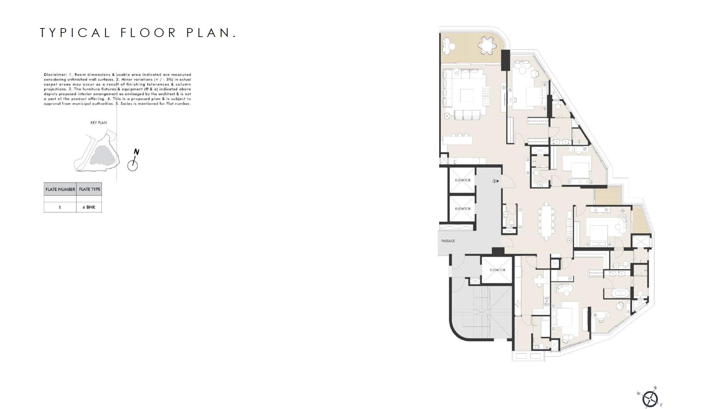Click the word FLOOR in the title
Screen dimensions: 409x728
coord(148,33)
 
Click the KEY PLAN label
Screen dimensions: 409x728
coord(99,123)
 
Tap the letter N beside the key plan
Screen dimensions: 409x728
coord(136,152)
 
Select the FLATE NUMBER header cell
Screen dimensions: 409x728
coord(60,189)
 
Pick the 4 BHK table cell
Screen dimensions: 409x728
coord(89,207)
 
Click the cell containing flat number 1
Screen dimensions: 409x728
coord(60,207)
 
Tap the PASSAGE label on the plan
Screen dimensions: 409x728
coord(448,241)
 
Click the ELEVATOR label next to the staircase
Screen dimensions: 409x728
coord(497,270)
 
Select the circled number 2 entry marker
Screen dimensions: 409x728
coord(494,181)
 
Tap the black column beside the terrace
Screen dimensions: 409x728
coord(506,60)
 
